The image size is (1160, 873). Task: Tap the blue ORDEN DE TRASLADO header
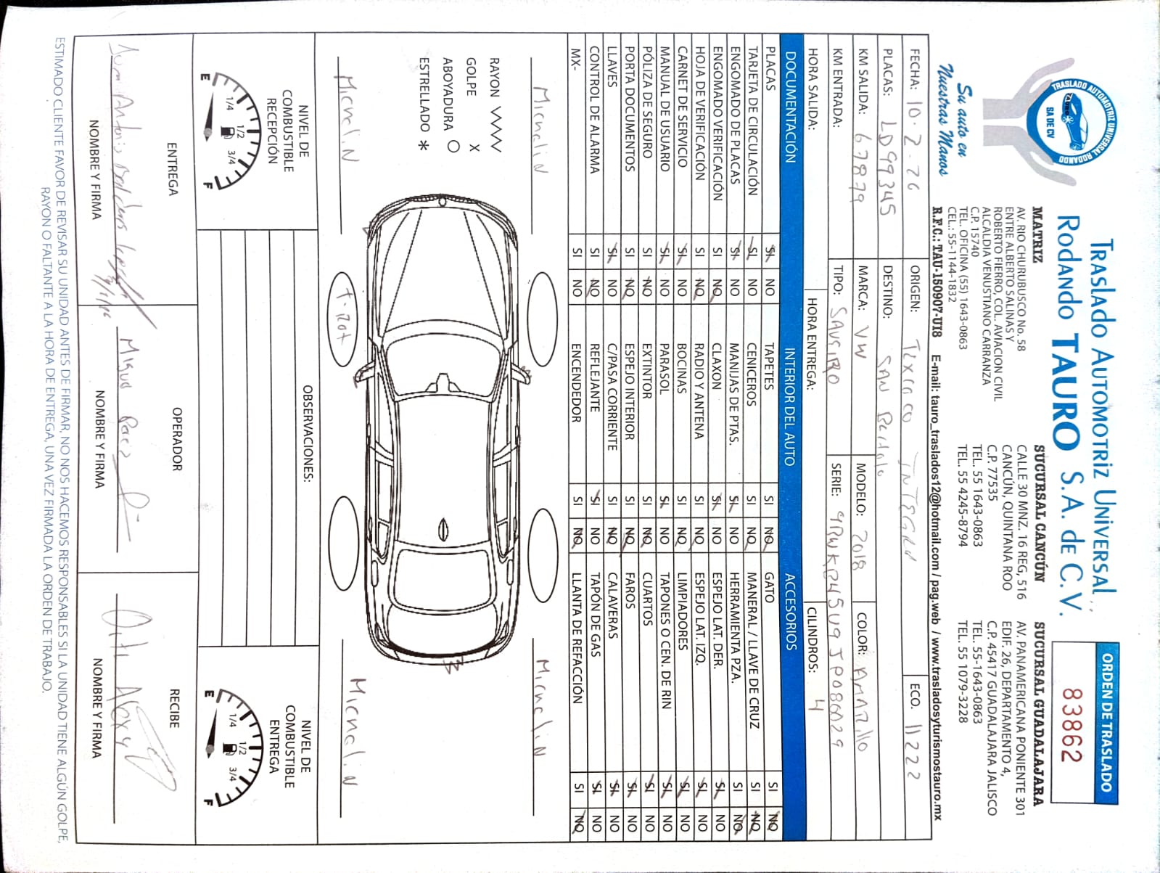pyautogui.click(x=1106, y=721)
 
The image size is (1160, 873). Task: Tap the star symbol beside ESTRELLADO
pyautogui.click(x=423, y=145)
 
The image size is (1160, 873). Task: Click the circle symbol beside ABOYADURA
pyautogui.click(x=453, y=146)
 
